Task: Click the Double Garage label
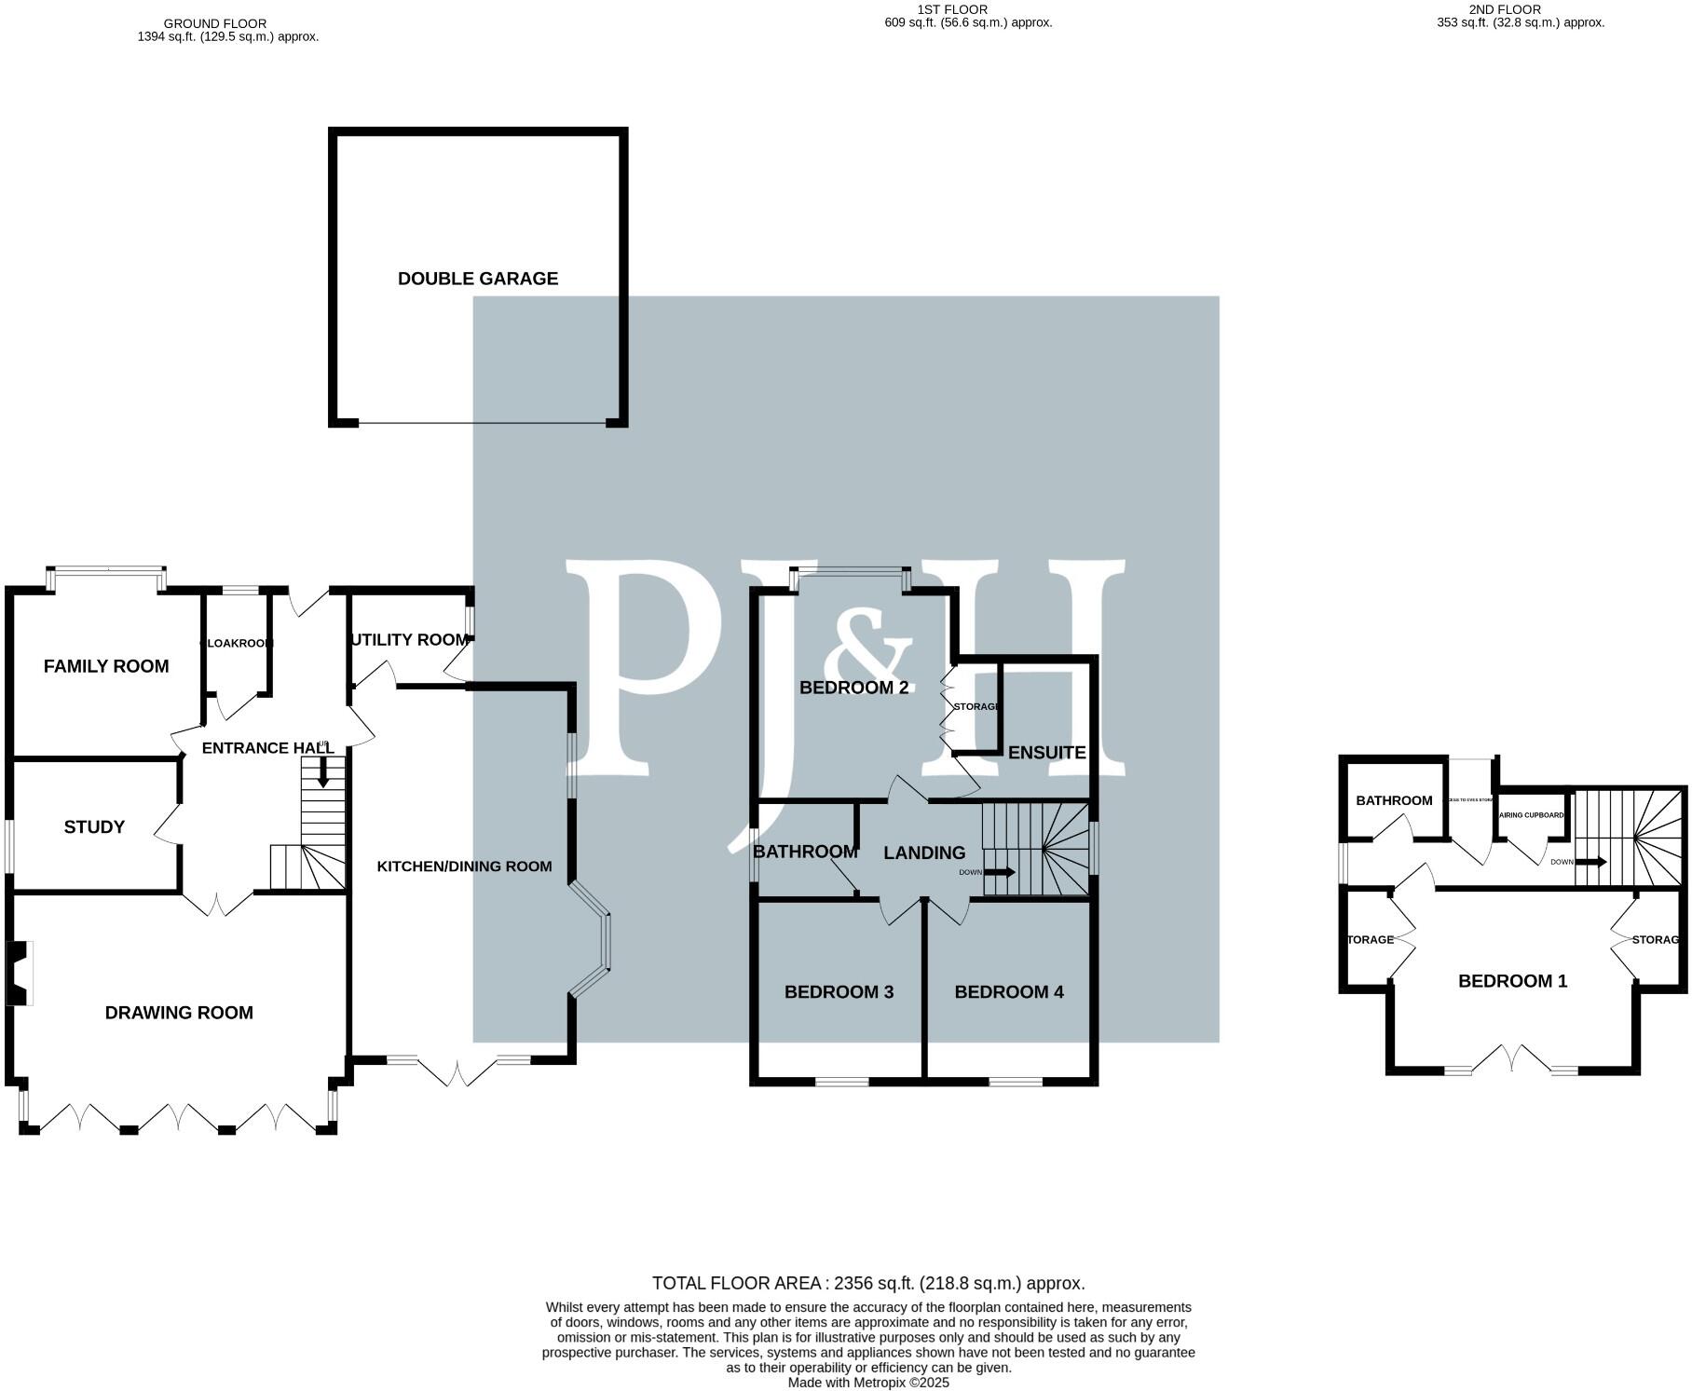coord(477,279)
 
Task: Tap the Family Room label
coord(106,666)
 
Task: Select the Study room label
coord(94,827)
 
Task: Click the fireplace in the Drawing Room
coord(19,974)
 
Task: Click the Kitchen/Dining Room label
coord(464,866)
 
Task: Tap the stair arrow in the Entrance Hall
coord(323,771)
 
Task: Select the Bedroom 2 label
coord(853,688)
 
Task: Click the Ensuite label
coord(1046,753)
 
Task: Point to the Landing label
coord(924,852)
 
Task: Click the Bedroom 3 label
coord(839,992)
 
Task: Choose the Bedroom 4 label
coord(1008,992)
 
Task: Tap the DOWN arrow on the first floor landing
coord(1001,873)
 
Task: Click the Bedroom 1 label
coord(1512,981)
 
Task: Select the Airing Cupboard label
coord(1531,815)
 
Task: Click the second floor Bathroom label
coord(1394,800)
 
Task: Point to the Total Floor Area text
coord(867,1283)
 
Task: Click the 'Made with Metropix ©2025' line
coord(867,1383)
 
